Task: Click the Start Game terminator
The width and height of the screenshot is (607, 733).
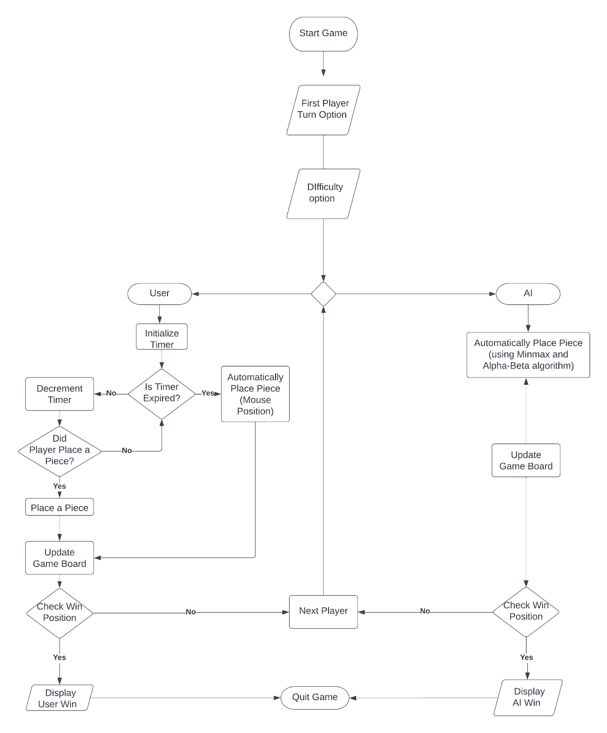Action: [x=323, y=33]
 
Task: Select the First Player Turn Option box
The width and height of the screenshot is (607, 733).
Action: [x=323, y=109]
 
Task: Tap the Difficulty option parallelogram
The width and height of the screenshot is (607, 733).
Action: [x=323, y=193]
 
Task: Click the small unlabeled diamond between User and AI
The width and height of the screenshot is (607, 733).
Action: [x=323, y=294]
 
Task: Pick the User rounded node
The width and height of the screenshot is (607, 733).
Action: [x=159, y=293]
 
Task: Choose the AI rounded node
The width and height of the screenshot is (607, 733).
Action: [x=528, y=293]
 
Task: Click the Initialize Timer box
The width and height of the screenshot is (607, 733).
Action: [x=162, y=338]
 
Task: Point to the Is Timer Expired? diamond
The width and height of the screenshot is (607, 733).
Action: [x=162, y=393]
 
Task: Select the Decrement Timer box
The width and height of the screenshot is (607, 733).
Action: [x=60, y=394]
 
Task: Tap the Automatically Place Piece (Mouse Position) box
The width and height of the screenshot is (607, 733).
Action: [x=255, y=394]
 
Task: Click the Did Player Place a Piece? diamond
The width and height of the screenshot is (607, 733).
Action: [x=60, y=451]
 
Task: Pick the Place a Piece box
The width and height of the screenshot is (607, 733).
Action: [x=60, y=507]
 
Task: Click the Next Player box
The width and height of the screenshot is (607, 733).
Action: [x=323, y=611]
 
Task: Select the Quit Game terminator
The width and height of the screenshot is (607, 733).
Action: [x=315, y=697]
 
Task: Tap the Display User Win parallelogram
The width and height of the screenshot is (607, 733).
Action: [x=60, y=698]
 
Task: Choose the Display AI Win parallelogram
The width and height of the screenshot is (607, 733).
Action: [x=527, y=697]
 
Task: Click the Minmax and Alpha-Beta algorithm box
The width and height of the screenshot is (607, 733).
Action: [x=528, y=355]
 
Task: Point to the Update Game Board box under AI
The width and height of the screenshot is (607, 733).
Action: [x=526, y=460]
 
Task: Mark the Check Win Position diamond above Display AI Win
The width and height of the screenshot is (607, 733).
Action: [x=526, y=611]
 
